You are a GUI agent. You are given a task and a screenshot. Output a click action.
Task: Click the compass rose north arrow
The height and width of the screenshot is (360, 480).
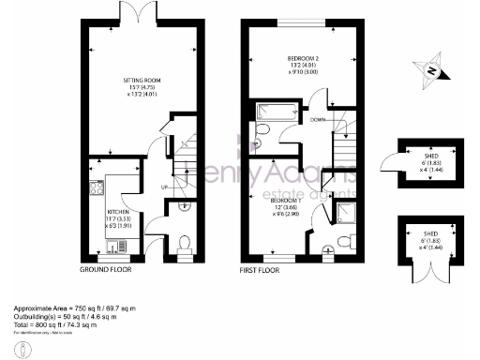click(x=431, y=68)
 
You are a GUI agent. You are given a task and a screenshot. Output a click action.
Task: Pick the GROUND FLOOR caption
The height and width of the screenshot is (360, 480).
click(x=105, y=270)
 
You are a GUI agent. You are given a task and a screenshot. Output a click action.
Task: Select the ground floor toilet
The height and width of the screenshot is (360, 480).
click(x=184, y=245)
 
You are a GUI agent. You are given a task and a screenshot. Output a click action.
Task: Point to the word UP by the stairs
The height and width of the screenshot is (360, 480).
click(x=165, y=187)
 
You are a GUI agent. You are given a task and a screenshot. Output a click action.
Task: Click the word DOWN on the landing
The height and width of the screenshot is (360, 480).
click(x=320, y=119)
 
